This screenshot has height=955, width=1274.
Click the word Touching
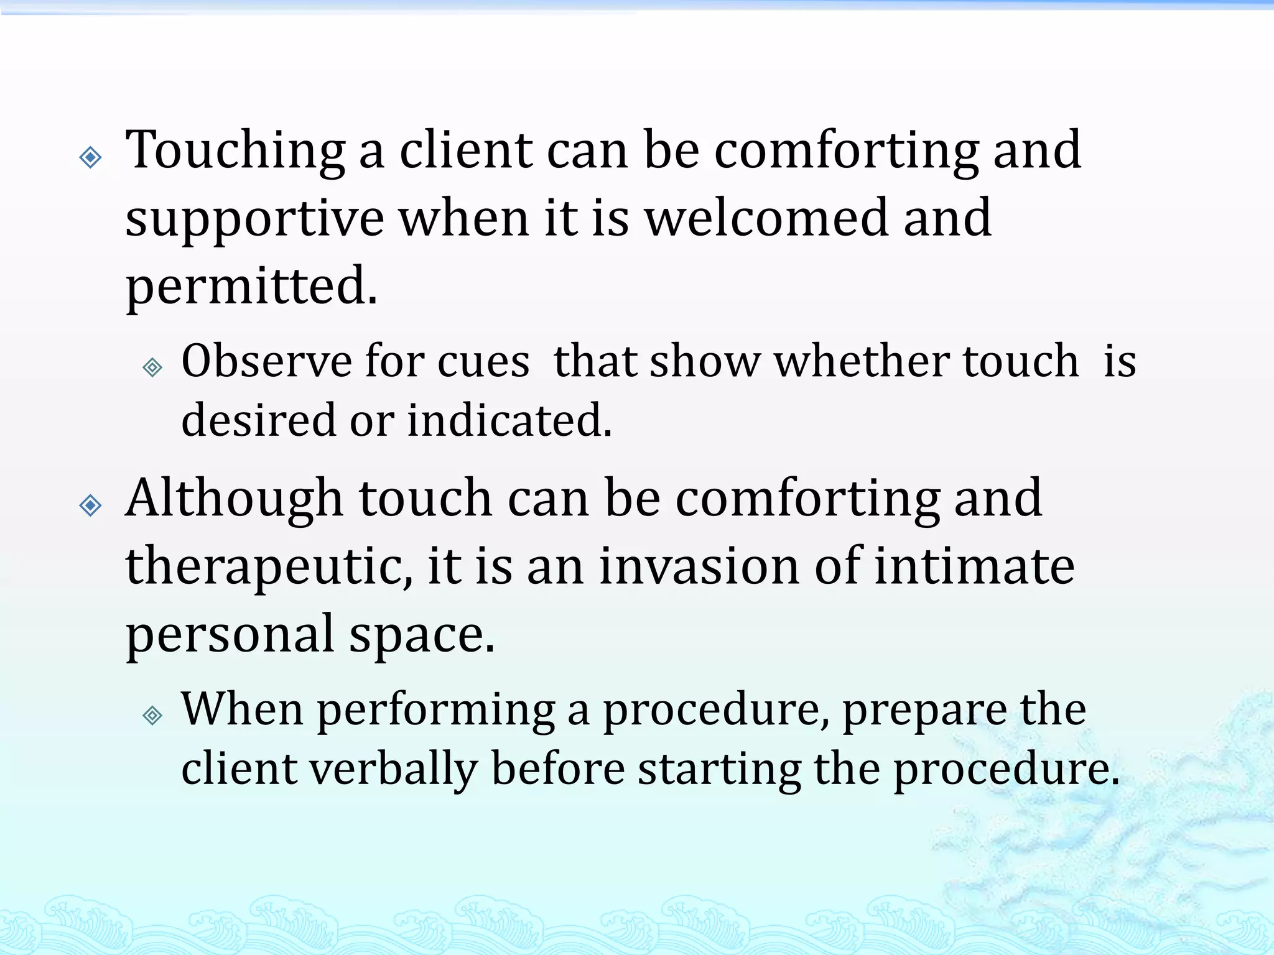(235, 152)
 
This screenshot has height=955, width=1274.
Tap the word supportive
(254, 219)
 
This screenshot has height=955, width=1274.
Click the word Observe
(267, 361)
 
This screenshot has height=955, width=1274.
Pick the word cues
(483, 362)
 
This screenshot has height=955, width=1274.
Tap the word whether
(862, 361)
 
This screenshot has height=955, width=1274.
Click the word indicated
(509, 420)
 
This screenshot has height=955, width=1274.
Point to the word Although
(234, 499)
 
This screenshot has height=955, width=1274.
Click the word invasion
(699, 567)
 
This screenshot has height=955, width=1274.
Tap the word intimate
(974, 567)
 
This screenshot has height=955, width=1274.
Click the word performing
(436, 711)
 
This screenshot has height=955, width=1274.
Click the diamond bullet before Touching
(91, 157)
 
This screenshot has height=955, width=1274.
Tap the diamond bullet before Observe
(152, 367)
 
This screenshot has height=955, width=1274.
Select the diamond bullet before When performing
(152, 716)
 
